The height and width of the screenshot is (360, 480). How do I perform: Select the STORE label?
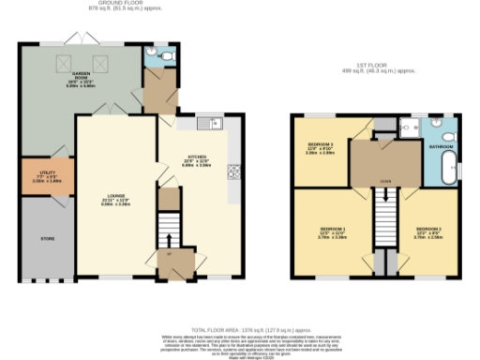(47, 239)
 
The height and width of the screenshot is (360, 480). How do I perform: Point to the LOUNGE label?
(115, 197)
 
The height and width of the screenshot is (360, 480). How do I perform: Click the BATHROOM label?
(442, 146)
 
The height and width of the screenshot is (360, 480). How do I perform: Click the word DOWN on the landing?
(383, 182)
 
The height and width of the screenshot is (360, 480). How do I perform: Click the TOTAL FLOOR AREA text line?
(240, 328)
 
